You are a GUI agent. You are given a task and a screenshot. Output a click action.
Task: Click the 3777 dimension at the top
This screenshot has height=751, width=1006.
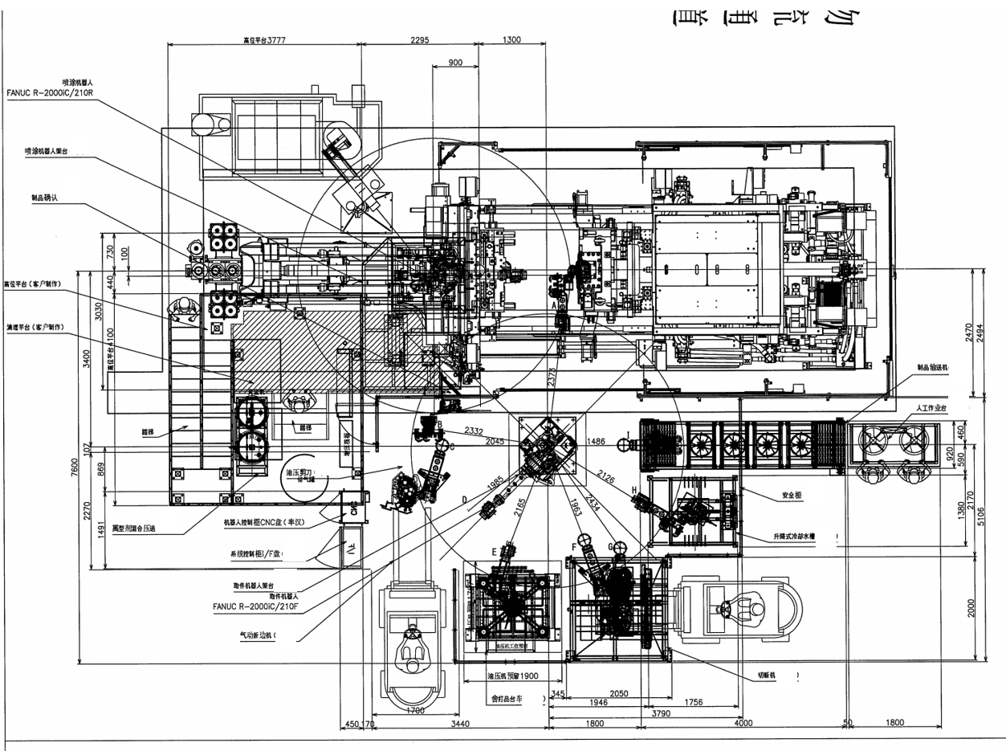[276, 39]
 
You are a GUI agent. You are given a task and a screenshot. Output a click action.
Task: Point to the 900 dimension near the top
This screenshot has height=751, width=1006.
[454, 63]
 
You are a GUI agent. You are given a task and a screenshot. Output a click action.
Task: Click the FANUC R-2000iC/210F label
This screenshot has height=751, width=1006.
[255, 607]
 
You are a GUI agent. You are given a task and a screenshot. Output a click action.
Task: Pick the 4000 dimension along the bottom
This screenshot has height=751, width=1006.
[743, 724]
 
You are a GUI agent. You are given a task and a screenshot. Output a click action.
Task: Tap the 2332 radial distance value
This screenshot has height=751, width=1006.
[474, 431]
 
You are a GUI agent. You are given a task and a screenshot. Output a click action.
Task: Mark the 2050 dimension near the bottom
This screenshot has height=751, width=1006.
[618, 693]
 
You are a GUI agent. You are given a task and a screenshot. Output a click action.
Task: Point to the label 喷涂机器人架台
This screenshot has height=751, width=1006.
[56, 150]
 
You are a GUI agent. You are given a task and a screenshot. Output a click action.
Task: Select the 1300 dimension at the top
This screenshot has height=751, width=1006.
[512, 39]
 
